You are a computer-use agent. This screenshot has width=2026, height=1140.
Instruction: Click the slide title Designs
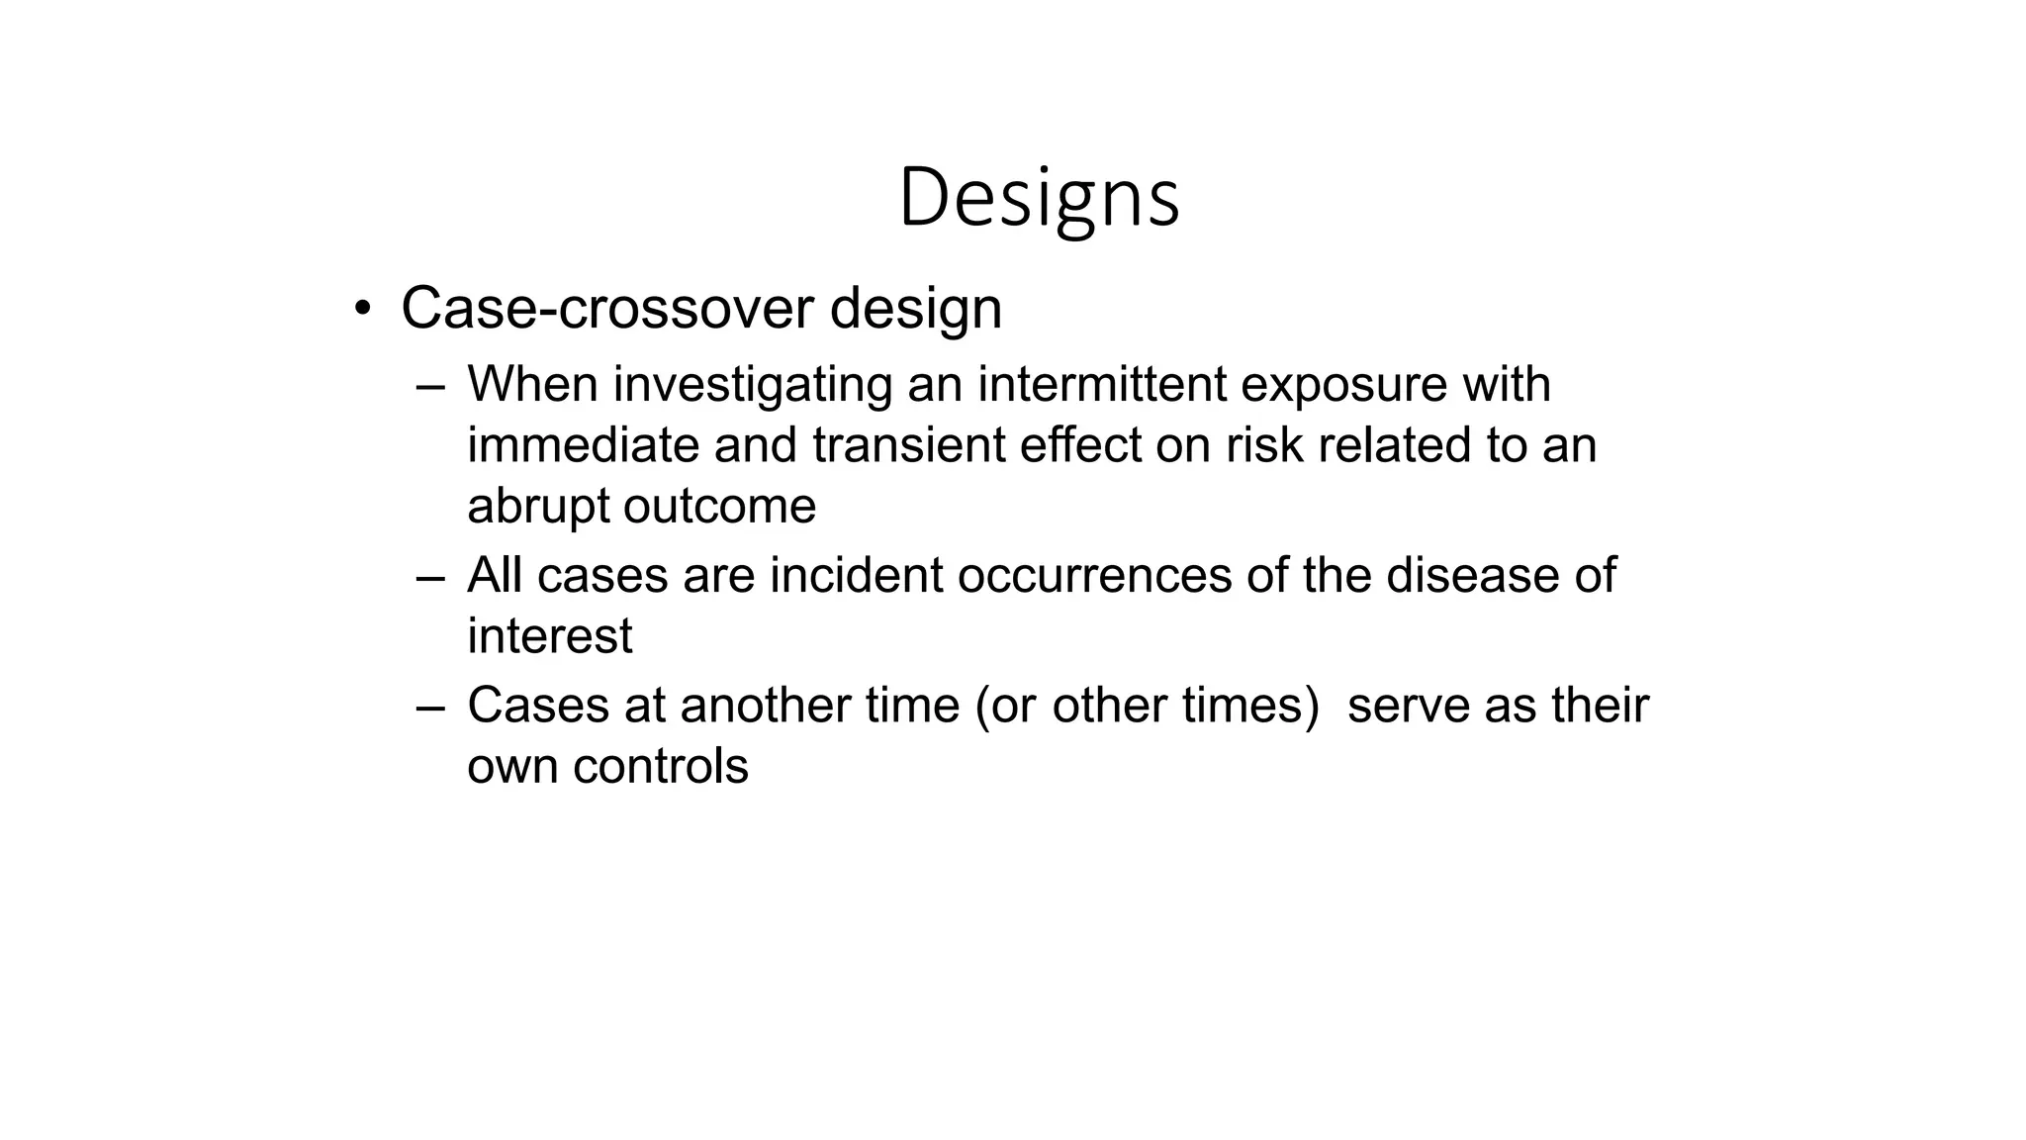(1039, 198)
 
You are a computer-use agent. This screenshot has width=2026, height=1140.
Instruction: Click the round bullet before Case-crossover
(363, 308)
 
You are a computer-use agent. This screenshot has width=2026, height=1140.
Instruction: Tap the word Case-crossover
(606, 308)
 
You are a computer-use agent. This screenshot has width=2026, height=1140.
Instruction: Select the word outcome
(719, 506)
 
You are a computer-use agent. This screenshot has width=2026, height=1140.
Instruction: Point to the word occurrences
(1094, 575)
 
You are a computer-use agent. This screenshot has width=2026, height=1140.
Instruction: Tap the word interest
(549, 635)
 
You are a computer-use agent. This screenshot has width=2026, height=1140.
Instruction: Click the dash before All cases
(431, 577)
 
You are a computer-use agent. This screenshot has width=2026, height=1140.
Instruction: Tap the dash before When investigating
(431, 386)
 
